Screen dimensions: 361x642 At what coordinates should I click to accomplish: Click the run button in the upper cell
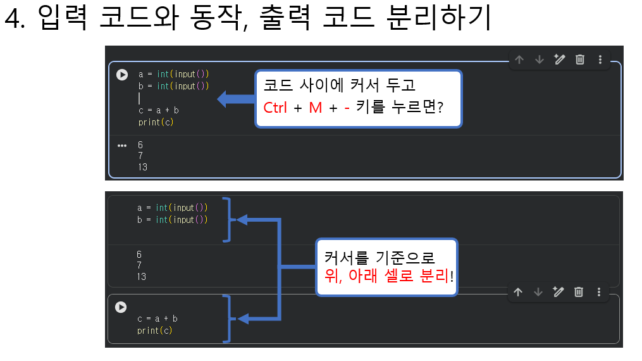pyautogui.click(x=122, y=75)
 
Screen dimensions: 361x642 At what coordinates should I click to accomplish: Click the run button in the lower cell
pyautogui.click(x=121, y=307)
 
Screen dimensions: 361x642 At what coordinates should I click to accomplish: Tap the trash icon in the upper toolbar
pyautogui.click(x=579, y=60)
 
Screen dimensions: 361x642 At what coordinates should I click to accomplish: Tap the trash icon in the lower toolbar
pyautogui.click(x=578, y=292)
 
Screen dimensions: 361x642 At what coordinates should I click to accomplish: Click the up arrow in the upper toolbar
pyautogui.click(x=519, y=60)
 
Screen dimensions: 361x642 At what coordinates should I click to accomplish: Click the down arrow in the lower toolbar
pyautogui.click(x=538, y=292)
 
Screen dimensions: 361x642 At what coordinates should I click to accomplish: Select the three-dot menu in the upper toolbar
pyautogui.click(x=600, y=60)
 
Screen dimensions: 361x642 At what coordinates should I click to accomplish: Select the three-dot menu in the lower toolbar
pyautogui.click(x=598, y=292)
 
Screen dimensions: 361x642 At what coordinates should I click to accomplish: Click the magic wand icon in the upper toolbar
pyautogui.click(x=559, y=60)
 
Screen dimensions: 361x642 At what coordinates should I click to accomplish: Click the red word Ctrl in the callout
pyautogui.click(x=275, y=108)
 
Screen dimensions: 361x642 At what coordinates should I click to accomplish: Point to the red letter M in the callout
pyautogui.click(x=316, y=108)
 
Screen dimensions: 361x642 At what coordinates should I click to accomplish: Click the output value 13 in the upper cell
pyautogui.click(x=142, y=167)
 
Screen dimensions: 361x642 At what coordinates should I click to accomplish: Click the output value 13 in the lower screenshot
pyautogui.click(x=141, y=277)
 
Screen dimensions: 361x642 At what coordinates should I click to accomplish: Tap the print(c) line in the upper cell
pyautogui.click(x=156, y=122)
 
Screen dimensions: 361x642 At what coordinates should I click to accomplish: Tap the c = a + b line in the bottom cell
pyautogui.click(x=157, y=319)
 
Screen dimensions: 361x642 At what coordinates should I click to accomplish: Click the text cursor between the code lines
pyautogui.click(x=139, y=98)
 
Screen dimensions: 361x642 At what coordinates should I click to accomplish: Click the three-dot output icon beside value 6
pyautogui.click(x=122, y=145)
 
